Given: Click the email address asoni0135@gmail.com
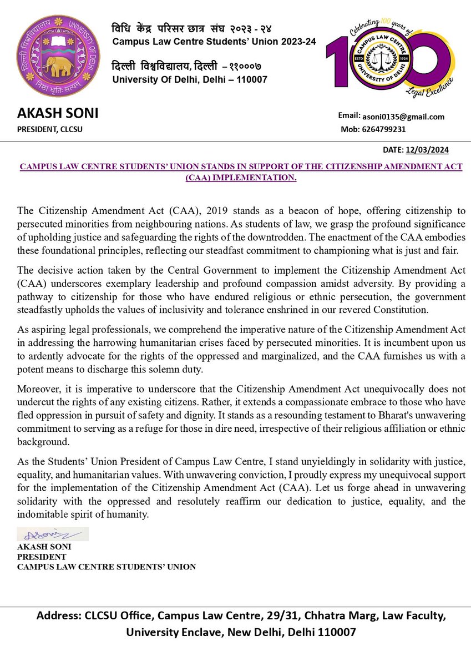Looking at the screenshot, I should (x=404, y=117).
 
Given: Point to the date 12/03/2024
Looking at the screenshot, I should (x=427, y=150).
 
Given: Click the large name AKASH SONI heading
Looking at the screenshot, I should (x=58, y=114).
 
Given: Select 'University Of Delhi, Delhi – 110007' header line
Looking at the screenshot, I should (x=190, y=79).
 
